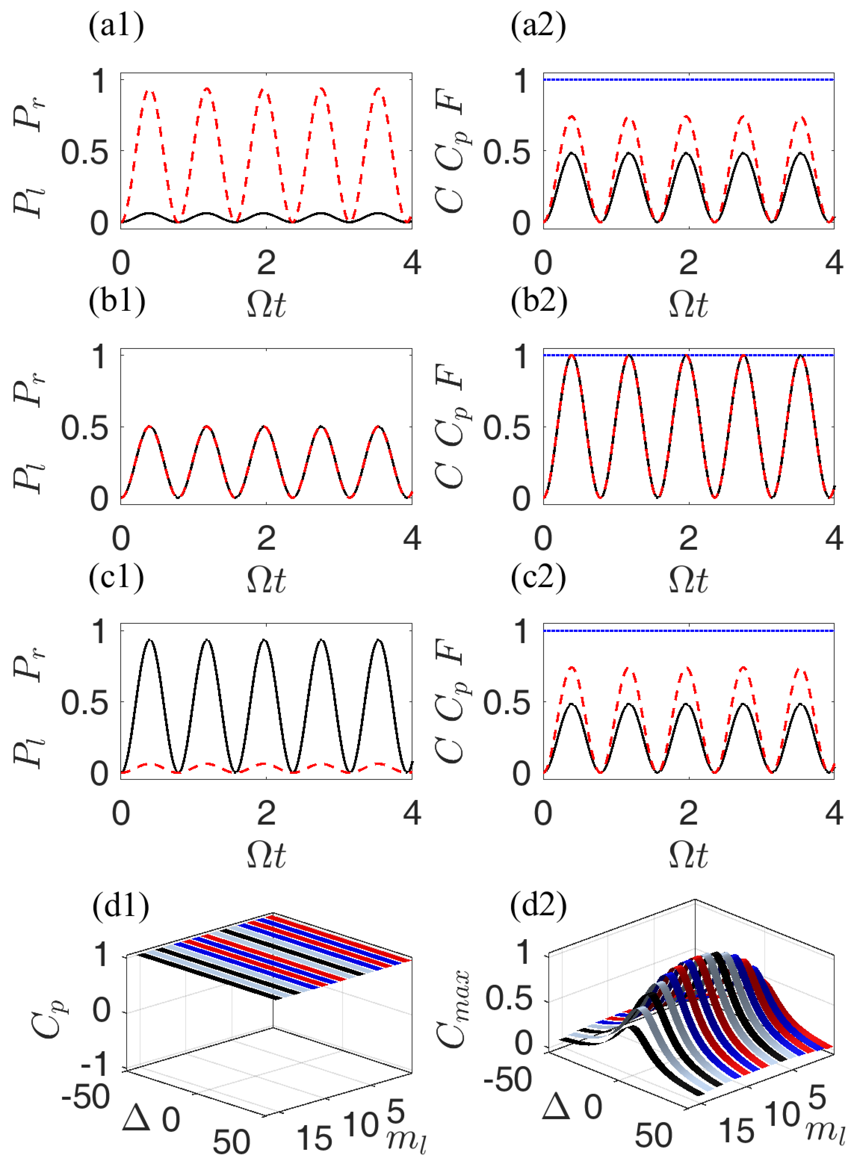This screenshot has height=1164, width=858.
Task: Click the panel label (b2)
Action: pyautogui.click(x=539, y=301)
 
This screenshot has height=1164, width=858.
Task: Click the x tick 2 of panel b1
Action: pyautogui.click(x=266, y=538)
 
